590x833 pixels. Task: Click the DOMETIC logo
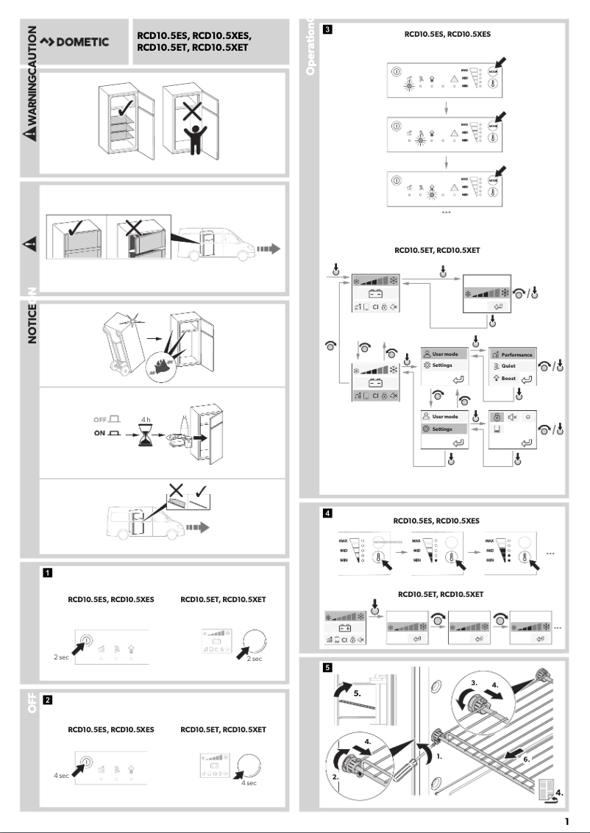74,42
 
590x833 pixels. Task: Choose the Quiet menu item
507,366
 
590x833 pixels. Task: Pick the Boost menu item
507,378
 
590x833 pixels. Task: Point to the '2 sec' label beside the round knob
254,659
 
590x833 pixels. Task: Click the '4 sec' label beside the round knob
249,783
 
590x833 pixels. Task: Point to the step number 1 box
47,571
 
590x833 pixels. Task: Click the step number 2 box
47,699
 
